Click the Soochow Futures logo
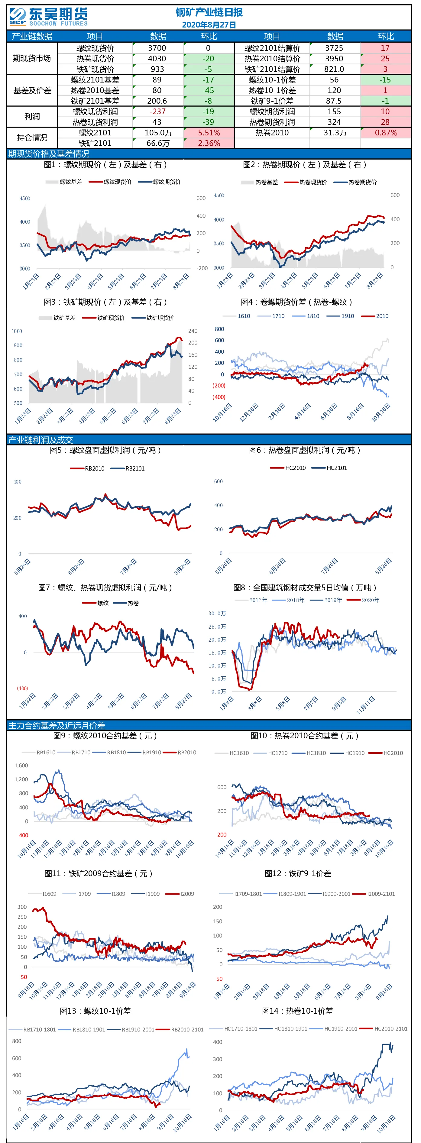[48, 17]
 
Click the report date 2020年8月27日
[209, 25]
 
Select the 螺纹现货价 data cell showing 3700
[157, 48]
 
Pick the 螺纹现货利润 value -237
[157, 112]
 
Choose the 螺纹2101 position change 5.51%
[209, 133]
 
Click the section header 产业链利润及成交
[40, 440]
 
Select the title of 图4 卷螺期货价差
[296, 302]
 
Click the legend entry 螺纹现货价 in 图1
[110, 182]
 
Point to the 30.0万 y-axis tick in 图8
[217, 614]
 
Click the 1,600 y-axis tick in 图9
[21, 766]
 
